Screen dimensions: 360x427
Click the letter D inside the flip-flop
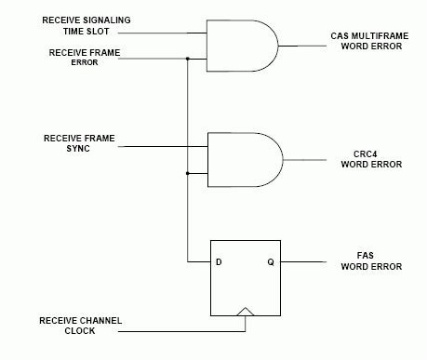coord(219,261)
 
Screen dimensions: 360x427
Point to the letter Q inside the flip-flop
coord(271,261)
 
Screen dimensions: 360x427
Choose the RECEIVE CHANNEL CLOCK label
coord(80,326)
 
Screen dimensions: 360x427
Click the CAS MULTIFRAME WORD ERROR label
coord(365,42)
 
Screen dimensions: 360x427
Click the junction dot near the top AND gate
coord(187,60)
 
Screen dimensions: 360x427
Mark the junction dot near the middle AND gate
coord(187,173)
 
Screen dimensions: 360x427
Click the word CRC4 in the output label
coord(364,153)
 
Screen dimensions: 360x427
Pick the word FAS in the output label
coord(364,256)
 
